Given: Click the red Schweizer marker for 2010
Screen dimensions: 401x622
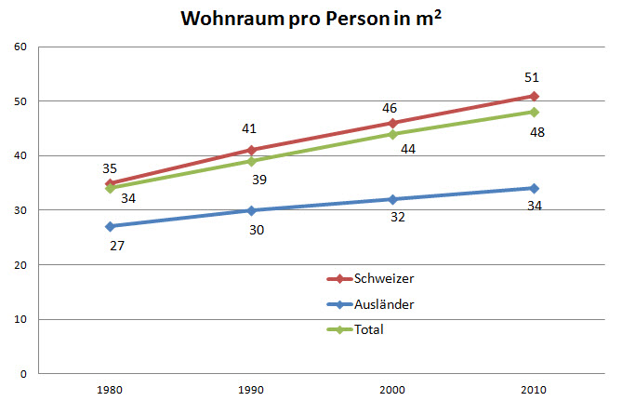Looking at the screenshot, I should click(534, 96).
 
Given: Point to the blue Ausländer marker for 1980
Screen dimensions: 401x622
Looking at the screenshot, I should click(110, 226).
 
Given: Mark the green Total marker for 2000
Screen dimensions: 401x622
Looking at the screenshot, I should click(392, 134).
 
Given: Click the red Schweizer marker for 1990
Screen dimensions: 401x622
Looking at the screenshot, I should click(251, 150).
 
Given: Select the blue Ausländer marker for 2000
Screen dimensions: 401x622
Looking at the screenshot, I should click(392, 199).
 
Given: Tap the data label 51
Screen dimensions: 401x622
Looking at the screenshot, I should click(531, 77).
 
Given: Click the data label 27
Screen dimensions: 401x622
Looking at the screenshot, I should click(116, 246).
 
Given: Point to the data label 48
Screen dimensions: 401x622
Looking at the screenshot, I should click(536, 132).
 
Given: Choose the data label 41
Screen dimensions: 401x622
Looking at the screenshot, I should click(248, 129).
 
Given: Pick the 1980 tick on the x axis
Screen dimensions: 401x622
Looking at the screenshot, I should click(110, 390).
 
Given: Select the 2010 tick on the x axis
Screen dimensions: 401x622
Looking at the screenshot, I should click(534, 390).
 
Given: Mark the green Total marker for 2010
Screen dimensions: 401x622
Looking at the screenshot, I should click(534, 112).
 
